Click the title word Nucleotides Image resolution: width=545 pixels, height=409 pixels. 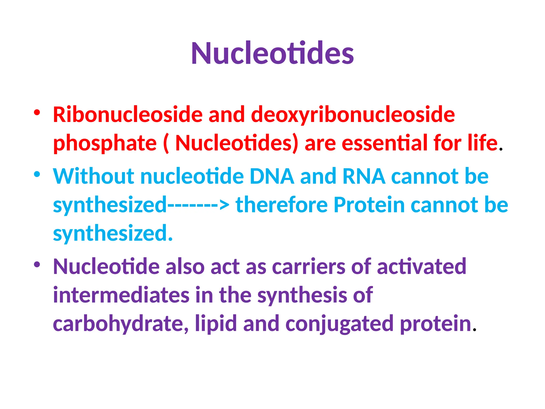(272, 53)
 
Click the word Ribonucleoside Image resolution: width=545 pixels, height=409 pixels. (128, 114)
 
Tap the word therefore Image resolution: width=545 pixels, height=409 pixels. (282, 205)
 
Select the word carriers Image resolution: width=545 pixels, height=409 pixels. (308, 267)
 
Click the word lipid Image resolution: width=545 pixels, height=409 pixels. (216, 324)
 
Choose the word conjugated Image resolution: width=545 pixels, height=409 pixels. (339, 324)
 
